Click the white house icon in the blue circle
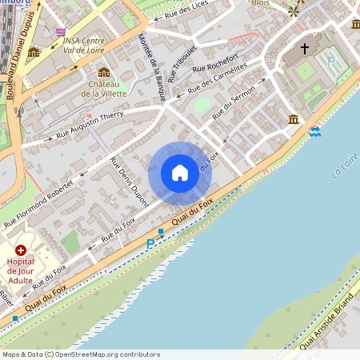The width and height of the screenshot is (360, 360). pos(180,173)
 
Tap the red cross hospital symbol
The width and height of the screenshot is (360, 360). pos(20,250)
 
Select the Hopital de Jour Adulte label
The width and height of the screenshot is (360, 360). pos(25,271)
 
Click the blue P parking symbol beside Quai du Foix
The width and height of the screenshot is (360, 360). pos(150,244)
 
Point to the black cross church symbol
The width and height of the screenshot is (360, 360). pos(304,50)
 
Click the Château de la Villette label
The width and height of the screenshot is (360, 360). pos(104,88)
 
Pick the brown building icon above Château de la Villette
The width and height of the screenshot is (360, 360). pos(104,73)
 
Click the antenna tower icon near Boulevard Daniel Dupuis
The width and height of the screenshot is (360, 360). pos(21,111)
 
